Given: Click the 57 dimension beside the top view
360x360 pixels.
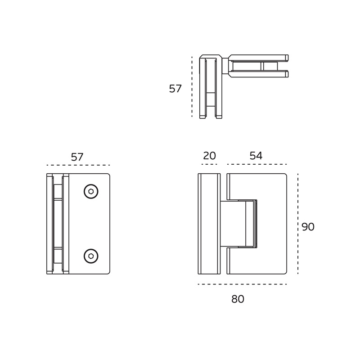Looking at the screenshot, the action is pos(175,89).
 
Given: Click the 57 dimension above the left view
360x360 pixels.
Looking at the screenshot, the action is pos(77,157).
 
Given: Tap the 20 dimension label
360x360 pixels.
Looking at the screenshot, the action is pos(209,156).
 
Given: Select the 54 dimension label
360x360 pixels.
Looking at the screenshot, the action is pos(256,156).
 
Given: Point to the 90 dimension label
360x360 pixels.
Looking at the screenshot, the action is pos(308,227).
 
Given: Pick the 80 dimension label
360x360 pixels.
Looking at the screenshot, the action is pos(238,299).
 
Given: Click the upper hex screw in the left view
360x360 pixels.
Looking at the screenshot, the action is pos(91,191).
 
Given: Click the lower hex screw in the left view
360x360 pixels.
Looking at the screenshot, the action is pos(91,256).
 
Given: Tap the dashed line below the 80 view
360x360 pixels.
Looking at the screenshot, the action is pos(243,284).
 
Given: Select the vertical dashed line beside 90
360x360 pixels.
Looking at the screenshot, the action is pos(298,224).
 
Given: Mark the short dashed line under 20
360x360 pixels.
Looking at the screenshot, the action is pos(209,164).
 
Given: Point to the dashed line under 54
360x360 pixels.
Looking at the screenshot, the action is pos(257,164).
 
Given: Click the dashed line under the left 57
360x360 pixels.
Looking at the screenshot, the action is pos(78,165).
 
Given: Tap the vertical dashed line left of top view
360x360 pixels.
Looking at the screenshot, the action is pos(192,86).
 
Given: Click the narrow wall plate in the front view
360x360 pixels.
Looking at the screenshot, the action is pos(209,224).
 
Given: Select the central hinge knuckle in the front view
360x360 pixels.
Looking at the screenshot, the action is pos(238,224).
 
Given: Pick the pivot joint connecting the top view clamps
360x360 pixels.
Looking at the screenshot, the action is pos(225,66).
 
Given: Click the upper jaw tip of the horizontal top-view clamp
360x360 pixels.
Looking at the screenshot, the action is pos(287,58).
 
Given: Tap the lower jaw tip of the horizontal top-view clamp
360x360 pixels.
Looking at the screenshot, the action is pos(287,74).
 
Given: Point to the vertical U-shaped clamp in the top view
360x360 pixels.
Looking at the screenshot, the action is pos(211,86).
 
